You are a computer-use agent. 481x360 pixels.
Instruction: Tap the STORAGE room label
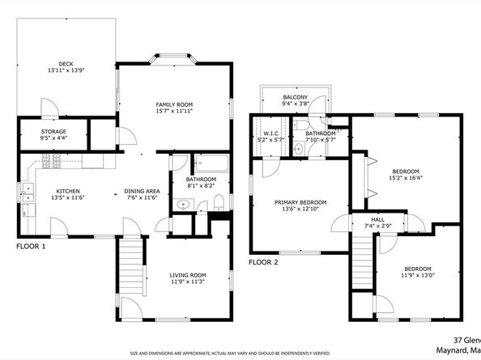[x=54, y=132]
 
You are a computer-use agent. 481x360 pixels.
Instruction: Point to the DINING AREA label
[x=142, y=192]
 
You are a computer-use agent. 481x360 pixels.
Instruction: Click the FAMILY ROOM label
[x=175, y=104]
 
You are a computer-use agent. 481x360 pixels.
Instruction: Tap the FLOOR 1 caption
[x=30, y=246]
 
